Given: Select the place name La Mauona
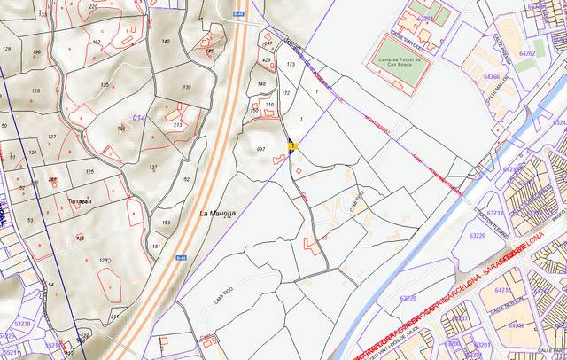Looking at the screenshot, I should pyautogui.click(x=216, y=214).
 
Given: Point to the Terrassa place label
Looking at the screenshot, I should pyautogui.click(x=79, y=201).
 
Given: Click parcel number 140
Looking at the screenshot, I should pyautogui.click(x=165, y=42).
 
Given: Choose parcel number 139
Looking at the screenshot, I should pyautogui.click(x=186, y=87).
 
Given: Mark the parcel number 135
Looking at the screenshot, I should pyautogui.click(x=105, y=85).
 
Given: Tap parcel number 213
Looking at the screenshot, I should pyautogui.click(x=177, y=125).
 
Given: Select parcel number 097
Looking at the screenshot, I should pyautogui.click(x=260, y=150).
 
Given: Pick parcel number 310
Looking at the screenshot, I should pyautogui.click(x=269, y=105).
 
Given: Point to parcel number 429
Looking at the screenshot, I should pyautogui.click(x=267, y=60).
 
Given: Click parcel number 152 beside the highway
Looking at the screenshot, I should pyautogui.click(x=185, y=179).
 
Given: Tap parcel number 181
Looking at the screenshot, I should pyautogui.click(x=157, y=246).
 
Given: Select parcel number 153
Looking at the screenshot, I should pyautogui.click(x=165, y=223).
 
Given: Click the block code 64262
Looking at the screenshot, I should pyautogui.click(x=527, y=54).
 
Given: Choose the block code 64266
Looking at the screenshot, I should pyautogui.click(x=491, y=77).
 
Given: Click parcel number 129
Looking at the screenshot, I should pyautogui.click(x=7, y=50).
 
